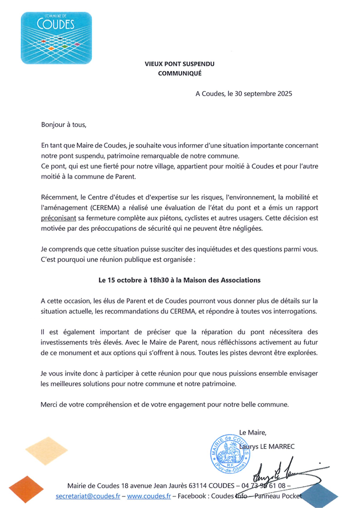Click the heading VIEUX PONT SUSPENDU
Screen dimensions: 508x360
[x=179, y=64]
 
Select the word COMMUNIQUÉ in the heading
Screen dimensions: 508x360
[x=180, y=73]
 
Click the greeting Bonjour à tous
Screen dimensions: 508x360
[x=64, y=125]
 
